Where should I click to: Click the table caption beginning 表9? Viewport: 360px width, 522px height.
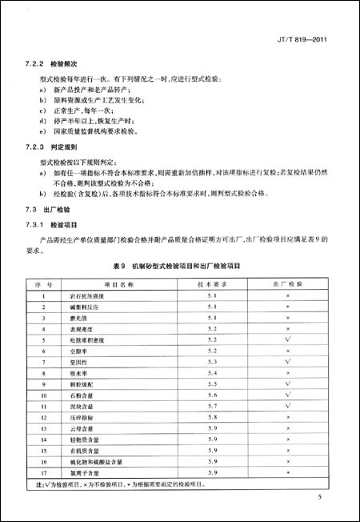[x=180, y=264]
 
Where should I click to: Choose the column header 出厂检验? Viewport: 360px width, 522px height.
[x=286, y=284]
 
